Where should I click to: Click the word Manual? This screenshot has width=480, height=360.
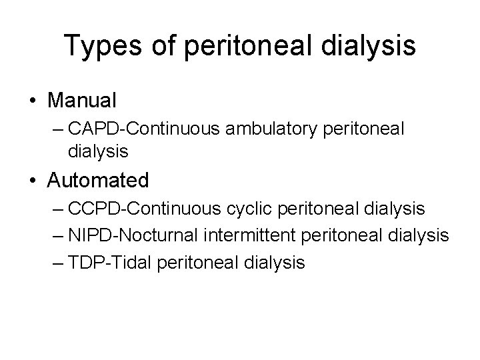click(82, 101)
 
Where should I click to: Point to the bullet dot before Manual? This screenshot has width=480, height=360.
click(33, 101)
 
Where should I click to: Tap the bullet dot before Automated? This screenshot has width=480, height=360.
click(33, 181)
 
